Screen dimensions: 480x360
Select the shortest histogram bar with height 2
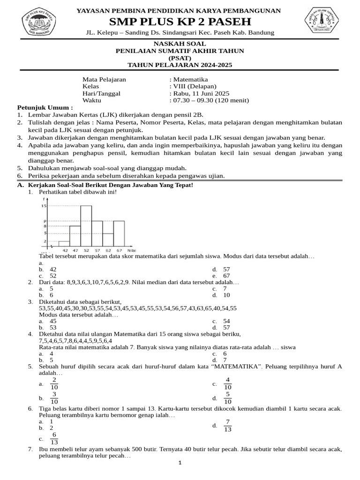tap(64, 244)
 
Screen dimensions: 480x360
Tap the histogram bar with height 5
tap(108, 240)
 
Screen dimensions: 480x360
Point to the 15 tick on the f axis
tap(44, 206)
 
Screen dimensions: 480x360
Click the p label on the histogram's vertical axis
tap(45, 221)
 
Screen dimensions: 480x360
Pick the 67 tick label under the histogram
tap(119, 250)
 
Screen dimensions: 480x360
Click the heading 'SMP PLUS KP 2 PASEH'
tap(180, 22)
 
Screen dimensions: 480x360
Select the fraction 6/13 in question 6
tap(54, 438)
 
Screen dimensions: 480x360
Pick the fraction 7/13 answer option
tap(227, 426)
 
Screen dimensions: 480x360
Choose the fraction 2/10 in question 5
tap(54, 383)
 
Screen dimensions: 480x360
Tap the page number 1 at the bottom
tap(180, 463)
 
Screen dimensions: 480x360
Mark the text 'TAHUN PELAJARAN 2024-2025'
tap(180, 65)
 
